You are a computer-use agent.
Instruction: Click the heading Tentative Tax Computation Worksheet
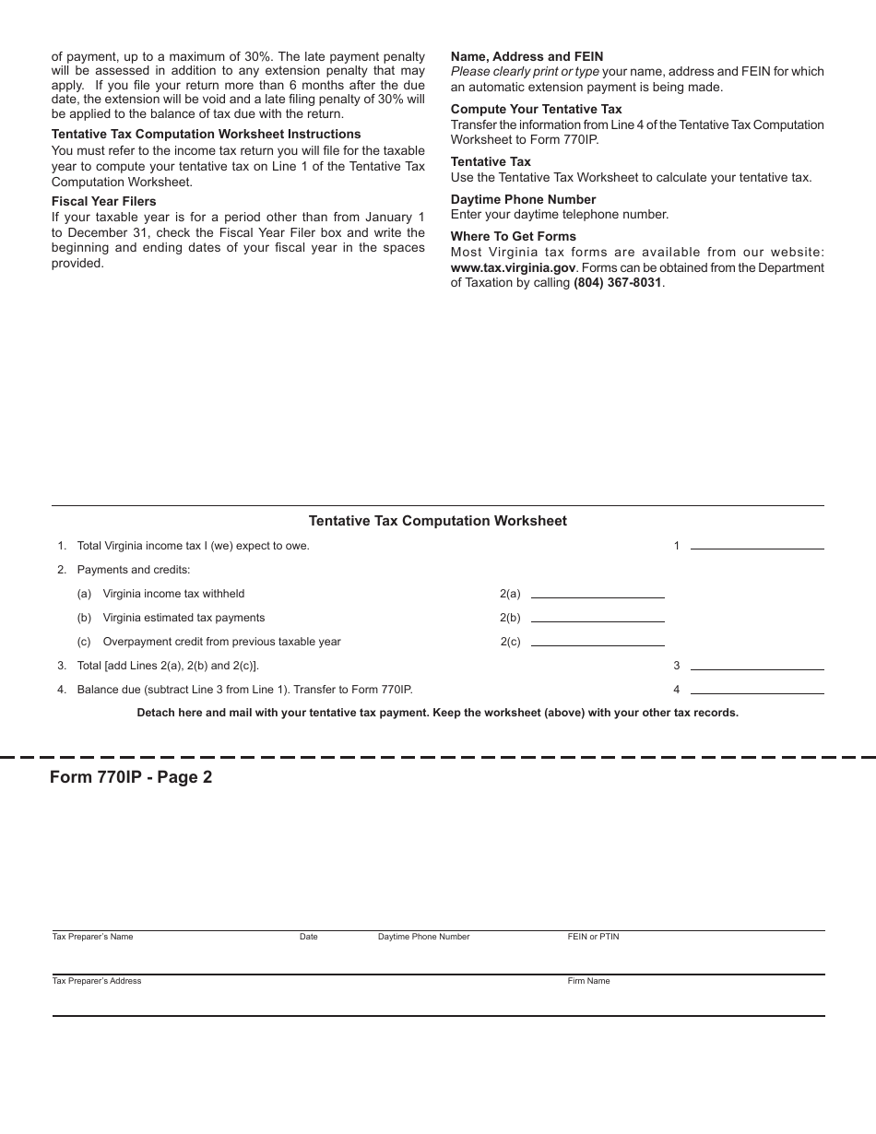(x=437, y=521)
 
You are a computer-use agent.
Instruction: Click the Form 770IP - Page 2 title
(x=131, y=777)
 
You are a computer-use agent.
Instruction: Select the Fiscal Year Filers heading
(x=103, y=202)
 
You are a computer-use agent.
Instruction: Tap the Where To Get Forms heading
(x=513, y=237)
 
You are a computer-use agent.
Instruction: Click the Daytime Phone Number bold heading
(x=523, y=200)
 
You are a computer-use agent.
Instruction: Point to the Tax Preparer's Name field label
(x=92, y=937)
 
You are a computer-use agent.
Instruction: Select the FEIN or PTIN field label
(x=593, y=937)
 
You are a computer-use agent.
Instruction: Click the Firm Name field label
(x=588, y=981)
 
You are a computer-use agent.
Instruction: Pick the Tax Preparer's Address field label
(x=97, y=981)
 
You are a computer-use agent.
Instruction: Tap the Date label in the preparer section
(x=308, y=937)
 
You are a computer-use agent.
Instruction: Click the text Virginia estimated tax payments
(x=183, y=618)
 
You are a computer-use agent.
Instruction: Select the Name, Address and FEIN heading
(x=527, y=57)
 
